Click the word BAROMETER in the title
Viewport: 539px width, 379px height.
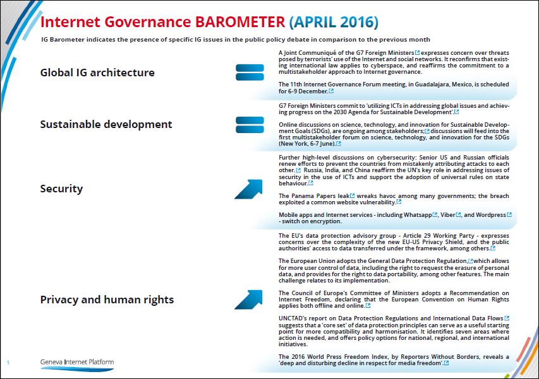point(240,22)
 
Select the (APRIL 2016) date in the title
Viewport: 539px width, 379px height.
point(334,22)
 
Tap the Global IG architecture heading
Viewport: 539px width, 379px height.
point(97,73)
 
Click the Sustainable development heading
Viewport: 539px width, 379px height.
point(106,124)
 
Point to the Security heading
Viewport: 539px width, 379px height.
point(61,189)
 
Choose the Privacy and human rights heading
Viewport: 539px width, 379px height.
point(107,300)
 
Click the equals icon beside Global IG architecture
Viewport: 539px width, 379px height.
point(250,73)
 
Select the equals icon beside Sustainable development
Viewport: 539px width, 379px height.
point(250,125)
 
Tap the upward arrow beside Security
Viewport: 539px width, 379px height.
point(249,189)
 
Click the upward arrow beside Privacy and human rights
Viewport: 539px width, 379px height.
point(249,300)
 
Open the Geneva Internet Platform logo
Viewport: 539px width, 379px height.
point(77,364)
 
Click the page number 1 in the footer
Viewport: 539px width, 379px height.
point(8,363)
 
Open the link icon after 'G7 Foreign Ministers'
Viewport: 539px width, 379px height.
point(417,52)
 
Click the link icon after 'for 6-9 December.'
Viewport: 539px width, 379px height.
point(331,91)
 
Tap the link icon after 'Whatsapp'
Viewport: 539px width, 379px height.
point(435,214)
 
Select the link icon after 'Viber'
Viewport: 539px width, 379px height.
point(458,214)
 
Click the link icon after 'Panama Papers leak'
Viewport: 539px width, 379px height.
point(352,195)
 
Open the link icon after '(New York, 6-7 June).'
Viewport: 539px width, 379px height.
point(339,143)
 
